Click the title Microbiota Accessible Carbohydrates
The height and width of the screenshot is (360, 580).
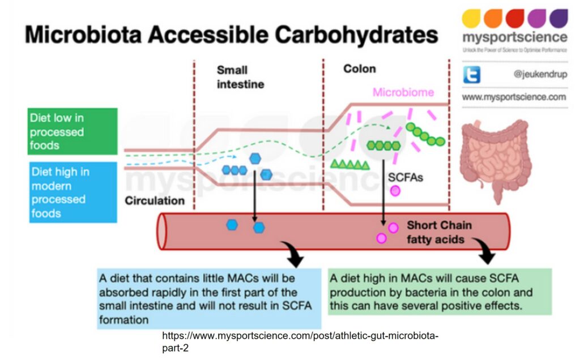coord(231,36)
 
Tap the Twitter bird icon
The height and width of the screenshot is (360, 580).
coord(472,75)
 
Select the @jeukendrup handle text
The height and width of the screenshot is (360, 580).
coord(540,75)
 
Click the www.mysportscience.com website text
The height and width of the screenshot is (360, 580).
coord(514,97)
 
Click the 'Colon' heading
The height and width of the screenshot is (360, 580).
coord(359,69)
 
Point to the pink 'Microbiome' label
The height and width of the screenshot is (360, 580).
coord(403,92)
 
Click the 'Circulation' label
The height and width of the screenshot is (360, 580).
coord(155,201)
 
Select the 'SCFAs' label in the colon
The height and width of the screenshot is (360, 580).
coord(405,177)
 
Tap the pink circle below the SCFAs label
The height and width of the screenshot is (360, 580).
coord(395,191)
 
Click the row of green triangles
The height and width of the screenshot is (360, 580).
coord(349,165)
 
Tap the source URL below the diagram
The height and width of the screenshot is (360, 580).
coord(300,341)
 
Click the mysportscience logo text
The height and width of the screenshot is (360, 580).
coord(514,38)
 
